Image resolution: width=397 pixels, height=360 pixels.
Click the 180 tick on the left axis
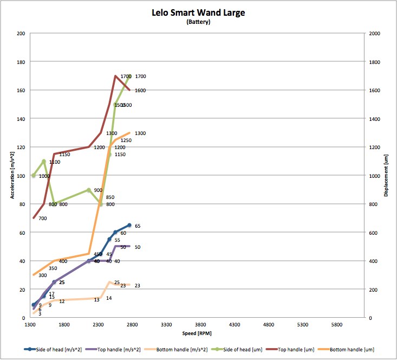pos(21,62)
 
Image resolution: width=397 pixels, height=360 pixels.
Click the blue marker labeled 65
pos(129,225)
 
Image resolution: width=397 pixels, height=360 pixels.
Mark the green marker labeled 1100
pos(44,161)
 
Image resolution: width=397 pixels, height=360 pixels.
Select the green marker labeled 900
pos(89,190)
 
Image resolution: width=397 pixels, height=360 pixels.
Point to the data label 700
pos(42,218)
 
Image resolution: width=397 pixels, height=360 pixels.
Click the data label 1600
pos(140,91)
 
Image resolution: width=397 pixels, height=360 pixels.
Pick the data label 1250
pos(126,140)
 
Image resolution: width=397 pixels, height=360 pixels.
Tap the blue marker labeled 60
pos(115,232)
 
